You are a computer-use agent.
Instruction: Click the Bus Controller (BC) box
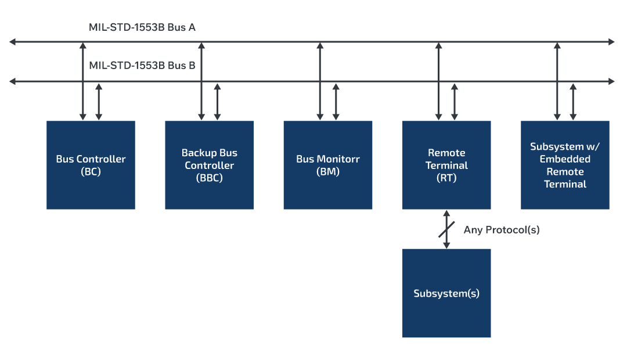click(x=91, y=165)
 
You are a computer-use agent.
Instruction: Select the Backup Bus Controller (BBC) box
click(x=209, y=165)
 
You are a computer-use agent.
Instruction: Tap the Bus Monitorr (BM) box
click(x=327, y=165)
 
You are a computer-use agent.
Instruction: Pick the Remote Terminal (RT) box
click(x=446, y=165)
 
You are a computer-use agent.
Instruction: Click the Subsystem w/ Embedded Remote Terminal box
click(x=565, y=165)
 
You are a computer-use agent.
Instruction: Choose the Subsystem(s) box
click(x=446, y=293)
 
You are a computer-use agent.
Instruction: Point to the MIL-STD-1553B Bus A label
click(x=142, y=27)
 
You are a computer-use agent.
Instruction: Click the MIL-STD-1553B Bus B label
click(x=142, y=66)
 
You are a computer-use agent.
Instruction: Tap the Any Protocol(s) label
click(x=502, y=230)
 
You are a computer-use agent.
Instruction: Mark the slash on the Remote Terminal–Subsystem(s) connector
click(x=446, y=229)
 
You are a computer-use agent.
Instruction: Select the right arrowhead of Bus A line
click(x=611, y=42)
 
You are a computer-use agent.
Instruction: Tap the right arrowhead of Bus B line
click(x=611, y=81)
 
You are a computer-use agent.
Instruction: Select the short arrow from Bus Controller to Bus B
click(x=99, y=102)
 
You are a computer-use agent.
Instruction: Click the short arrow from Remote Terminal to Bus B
click(x=455, y=102)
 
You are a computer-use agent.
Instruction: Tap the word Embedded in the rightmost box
click(x=565, y=159)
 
